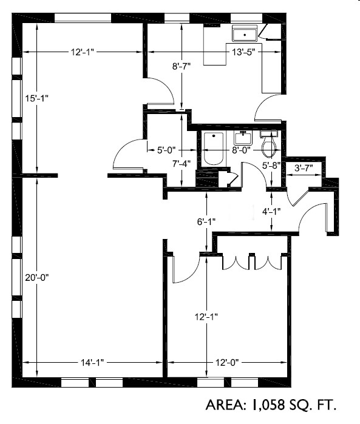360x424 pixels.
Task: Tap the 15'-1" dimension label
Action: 38,98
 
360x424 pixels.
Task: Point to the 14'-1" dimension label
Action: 92,362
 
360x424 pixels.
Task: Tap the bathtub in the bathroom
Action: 213,149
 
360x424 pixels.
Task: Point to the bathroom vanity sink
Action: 243,137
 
